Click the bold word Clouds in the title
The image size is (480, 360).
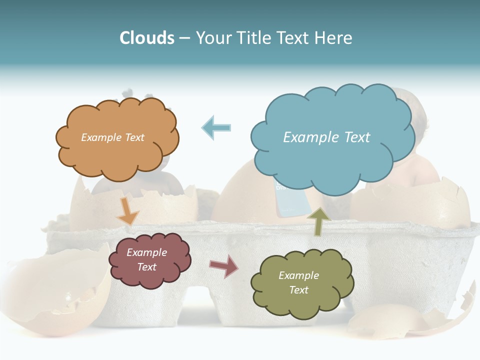[x=147, y=38]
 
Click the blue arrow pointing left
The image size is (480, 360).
[x=216, y=127]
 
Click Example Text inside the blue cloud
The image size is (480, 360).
[x=326, y=137]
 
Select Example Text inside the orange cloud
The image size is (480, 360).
[x=112, y=137]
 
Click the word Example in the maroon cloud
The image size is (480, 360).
[x=146, y=252]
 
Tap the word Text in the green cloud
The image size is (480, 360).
[x=298, y=290]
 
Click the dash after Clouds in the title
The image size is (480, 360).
[x=184, y=38]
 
